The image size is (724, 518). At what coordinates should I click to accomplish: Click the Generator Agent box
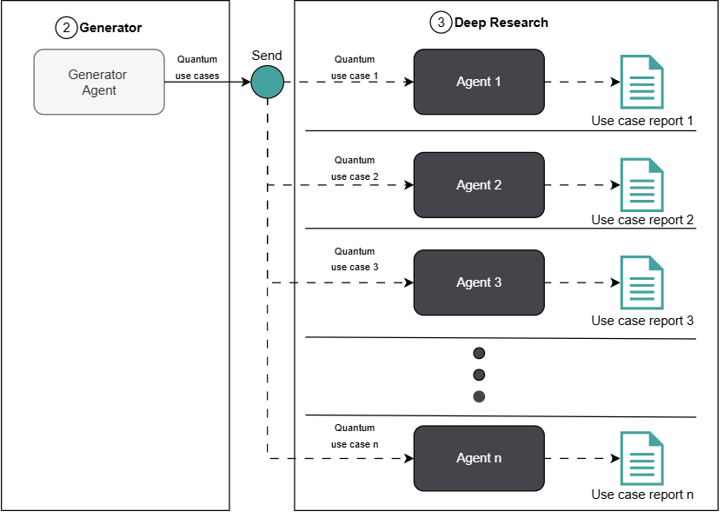pyautogui.click(x=99, y=82)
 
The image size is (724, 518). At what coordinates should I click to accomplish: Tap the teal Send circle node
pyautogui.click(x=268, y=82)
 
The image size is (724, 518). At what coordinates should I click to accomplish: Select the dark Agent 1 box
pyautogui.click(x=479, y=82)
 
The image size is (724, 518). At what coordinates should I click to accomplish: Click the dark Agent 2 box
pyautogui.click(x=479, y=185)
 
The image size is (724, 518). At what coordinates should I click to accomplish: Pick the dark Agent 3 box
pyautogui.click(x=479, y=282)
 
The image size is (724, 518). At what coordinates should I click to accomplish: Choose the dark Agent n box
pyautogui.click(x=479, y=458)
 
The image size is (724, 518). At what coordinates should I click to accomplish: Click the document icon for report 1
pyautogui.click(x=641, y=82)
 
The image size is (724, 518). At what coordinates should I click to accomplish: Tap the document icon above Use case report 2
pyautogui.click(x=641, y=185)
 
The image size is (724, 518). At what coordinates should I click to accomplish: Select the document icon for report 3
pyautogui.click(x=641, y=282)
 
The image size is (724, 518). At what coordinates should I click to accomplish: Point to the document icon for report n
pyautogui.click(x=641, y=458)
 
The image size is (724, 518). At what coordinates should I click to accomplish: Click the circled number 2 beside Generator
pyautogui.click(x=66, y=28)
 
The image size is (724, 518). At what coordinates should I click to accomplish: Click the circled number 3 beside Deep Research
pyautogui.click(x=441, y=23)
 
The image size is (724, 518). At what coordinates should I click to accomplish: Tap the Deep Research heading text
pyautogui.click(x=501, y=23)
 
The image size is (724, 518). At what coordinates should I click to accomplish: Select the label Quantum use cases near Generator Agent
pyautogui.click(x=197, y=68)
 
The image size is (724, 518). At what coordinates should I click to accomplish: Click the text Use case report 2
pyautogui.click(x=642, y=220)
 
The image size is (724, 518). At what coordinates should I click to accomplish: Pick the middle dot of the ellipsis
pyautogui.click(x=479, y=375)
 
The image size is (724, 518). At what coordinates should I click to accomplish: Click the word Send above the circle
pyautogui.click(x=267, y=56)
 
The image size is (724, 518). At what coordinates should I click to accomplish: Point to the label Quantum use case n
pyautogui.click(x=355, y=436)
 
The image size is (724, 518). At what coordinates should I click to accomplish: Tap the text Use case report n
pyautogui.click(x=642, y=495)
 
